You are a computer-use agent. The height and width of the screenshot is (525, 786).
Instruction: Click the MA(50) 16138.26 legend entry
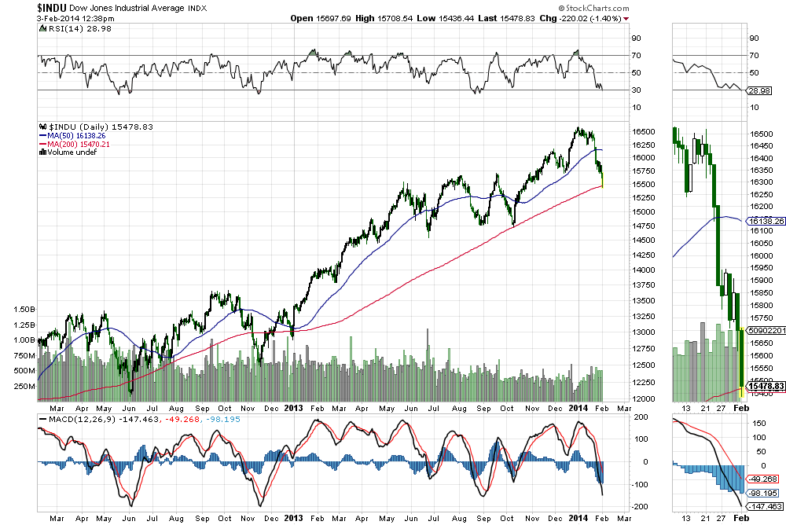75,136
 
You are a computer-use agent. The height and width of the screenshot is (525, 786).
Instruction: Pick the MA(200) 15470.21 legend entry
78,145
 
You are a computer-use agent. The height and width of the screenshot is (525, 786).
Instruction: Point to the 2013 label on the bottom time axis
292,408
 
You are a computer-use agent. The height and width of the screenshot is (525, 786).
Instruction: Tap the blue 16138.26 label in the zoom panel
762,222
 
